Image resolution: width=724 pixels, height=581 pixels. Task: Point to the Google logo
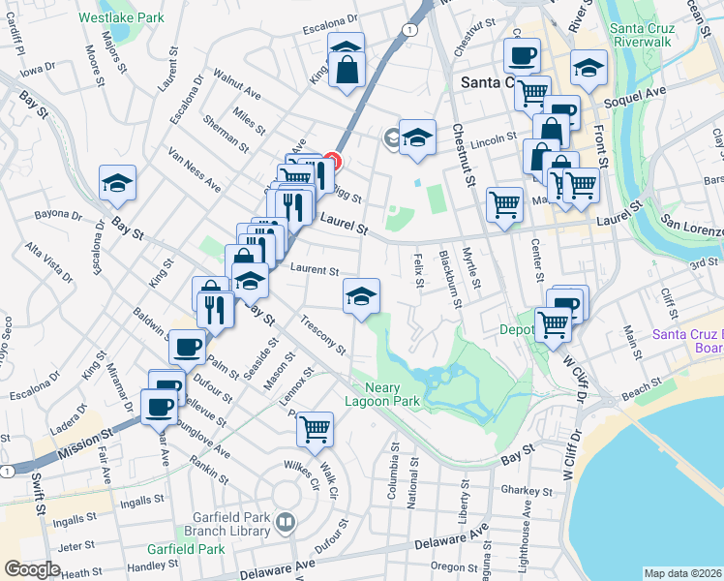pyautogui.click(x=32, y=569)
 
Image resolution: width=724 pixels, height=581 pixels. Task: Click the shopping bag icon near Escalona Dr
pyautogui.click(x=347, y=69)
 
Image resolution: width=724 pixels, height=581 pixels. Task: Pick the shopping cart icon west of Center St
pyautogui.click(x=504, y=205)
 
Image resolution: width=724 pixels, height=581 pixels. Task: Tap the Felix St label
pyautogui.click(x=419, y=270)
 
